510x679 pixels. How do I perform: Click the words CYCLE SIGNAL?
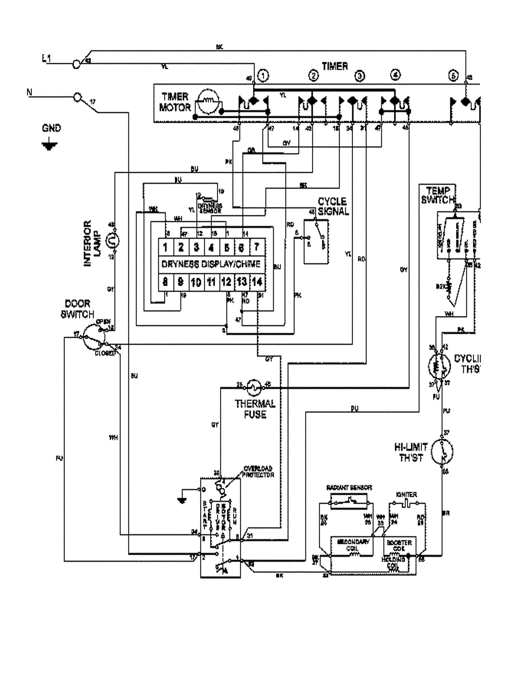[333, 206]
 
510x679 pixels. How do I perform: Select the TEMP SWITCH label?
[438, 195]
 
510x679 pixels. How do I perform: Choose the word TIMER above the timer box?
[335, 66]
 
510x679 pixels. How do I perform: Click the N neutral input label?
[29, 92]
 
